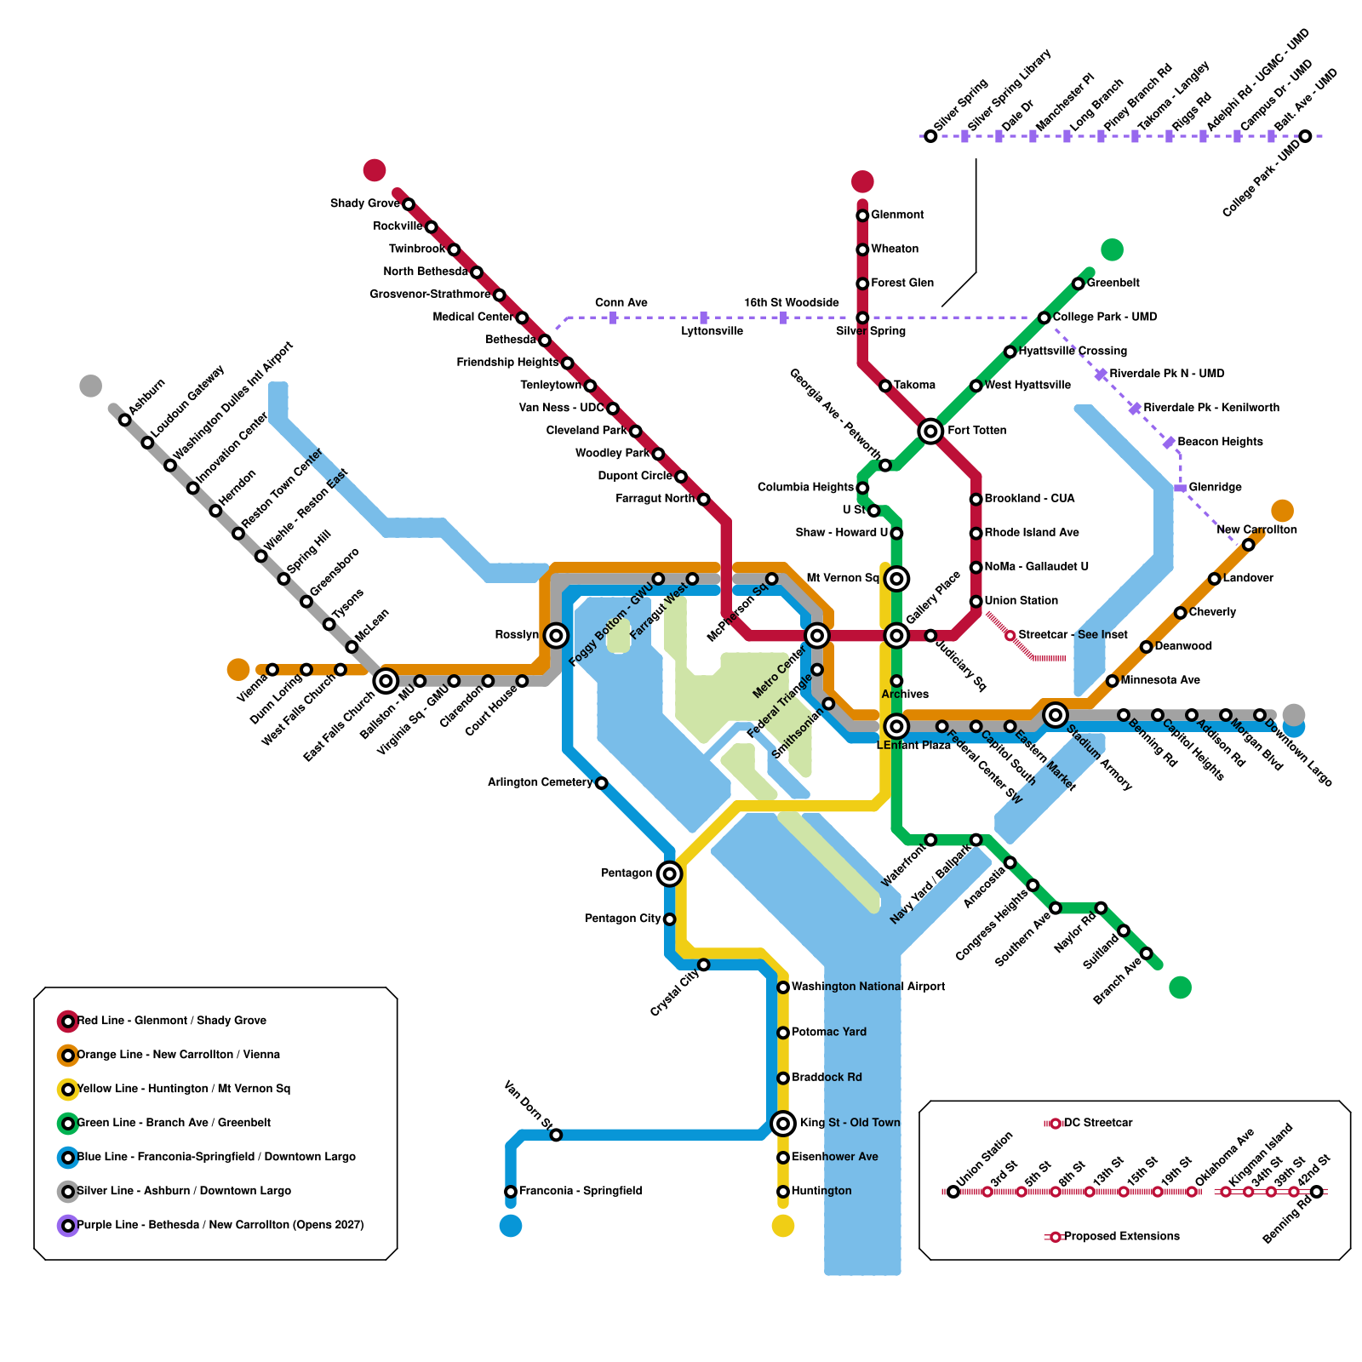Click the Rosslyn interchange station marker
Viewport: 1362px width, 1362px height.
tap(556, 635)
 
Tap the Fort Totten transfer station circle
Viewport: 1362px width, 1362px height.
tap(930, 431)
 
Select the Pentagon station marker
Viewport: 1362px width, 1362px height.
tap(670, 873)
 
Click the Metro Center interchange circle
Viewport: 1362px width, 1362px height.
tap(817, 635)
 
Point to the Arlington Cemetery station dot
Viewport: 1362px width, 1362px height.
tap(601, 783)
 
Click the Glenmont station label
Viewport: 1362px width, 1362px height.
tap(897, 215)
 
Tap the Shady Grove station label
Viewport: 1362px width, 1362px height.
tap(365, 203)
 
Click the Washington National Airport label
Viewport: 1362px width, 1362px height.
tap(868, 987)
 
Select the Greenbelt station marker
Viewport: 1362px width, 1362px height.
tap(1078, 283)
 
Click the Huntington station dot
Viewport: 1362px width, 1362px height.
tap(783, 1192)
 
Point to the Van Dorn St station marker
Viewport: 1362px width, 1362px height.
tap(556, 1135)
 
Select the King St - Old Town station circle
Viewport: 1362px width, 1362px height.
tap(783, 1124)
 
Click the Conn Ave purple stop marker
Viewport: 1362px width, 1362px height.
tap(613, 318)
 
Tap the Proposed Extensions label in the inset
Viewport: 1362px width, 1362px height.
tap(1122, 1236)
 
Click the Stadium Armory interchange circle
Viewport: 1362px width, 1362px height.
tap(1056, 715)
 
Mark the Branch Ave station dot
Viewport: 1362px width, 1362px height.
tap(1146, 953)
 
